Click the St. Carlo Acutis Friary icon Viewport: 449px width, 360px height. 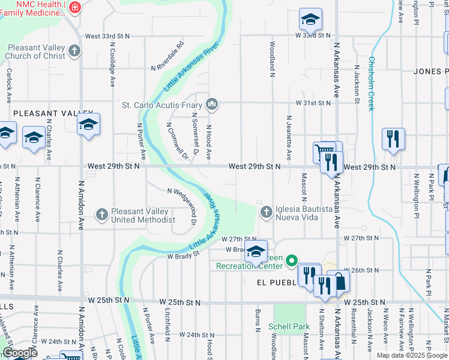point(211,105)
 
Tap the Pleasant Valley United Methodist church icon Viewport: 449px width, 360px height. point(102,214)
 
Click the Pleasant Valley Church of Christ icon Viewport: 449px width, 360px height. point(74,50)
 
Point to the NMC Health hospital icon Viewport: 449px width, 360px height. point(75,8)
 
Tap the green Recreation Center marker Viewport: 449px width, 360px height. point(292,260)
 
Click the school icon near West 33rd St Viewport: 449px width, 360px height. point(310,20)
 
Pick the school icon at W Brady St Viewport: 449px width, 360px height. point(256,252)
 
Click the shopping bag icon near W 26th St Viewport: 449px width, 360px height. point(339,281)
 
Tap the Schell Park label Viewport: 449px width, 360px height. point(289,326)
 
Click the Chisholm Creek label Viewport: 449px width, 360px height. point(372,83)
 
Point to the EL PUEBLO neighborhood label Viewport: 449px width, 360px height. point(276,282)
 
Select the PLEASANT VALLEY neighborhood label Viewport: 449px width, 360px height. point(53,113)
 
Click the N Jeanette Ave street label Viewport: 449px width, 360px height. point(289,137)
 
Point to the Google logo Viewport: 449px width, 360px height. point(20,353)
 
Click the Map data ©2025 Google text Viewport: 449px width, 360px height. point(412,355)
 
